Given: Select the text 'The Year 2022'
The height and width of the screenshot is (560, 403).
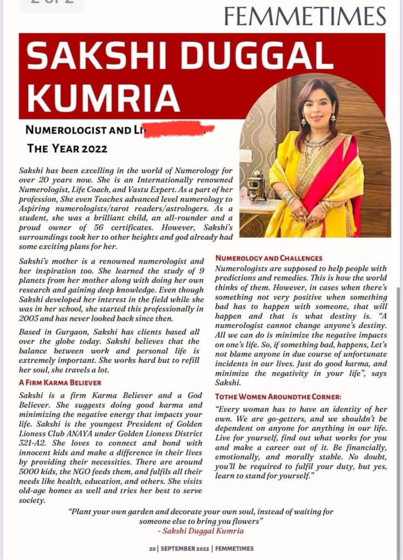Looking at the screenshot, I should pyautogui.click(x=67, y=148).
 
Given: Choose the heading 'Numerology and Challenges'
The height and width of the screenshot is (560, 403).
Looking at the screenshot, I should pyautogui.click(x=268, y=258).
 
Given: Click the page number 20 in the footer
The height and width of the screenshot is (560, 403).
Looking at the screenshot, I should pyautogui.click(x=152, y=549).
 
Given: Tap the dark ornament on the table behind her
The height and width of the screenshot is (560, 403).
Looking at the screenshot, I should pyautogui.click(x=255, y=189).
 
